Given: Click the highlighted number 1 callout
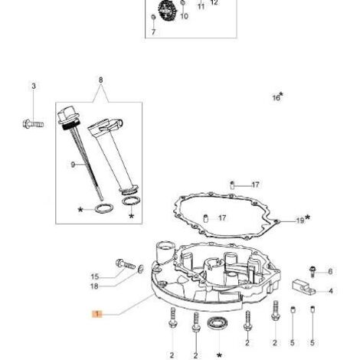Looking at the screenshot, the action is coord(97,314).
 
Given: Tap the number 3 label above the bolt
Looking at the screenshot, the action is coord(34,86).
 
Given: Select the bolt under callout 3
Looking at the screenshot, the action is coord(33,124).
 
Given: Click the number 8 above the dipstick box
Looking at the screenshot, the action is coord(100,80).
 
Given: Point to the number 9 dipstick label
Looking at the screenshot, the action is coord(73,165).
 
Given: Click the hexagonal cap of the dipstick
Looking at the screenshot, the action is coord(67,114).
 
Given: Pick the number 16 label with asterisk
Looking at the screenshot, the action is coord(278,97).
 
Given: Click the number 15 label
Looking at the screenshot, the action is coord(95,277).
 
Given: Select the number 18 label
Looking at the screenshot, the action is coord(94,286).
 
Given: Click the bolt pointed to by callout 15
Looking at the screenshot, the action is coord(125,263).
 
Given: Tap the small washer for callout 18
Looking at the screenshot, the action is coord(140,269).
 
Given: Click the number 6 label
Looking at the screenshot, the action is coord(330,271).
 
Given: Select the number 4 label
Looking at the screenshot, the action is coord(331,291).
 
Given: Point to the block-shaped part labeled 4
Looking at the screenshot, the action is coord(303,287).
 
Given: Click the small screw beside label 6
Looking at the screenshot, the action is coord(312,271).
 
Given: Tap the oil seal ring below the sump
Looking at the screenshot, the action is coord(218,323).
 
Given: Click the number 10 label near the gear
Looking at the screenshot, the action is coord(184,16).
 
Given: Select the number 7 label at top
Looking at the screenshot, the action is coord(153,32).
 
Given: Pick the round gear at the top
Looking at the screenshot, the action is coord(167,10).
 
